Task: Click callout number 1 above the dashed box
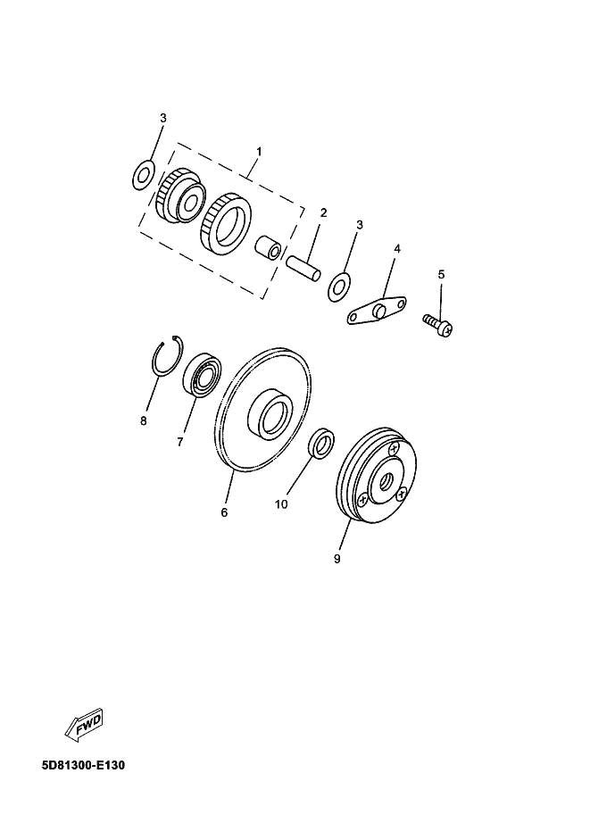coord(259,151)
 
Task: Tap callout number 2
coord(323,212)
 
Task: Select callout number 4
coord(397,249)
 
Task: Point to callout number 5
coord(441,274)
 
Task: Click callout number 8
coord(144,421)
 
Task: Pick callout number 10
coord(281,504)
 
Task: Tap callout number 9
coord(337,559)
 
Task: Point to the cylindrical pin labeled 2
coord(304,268)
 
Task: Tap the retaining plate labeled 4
coord(378,311)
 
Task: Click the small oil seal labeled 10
coord(321,444)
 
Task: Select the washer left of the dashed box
coord(143,175)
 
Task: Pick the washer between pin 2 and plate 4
coord(339,286)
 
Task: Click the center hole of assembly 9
coord(386,482)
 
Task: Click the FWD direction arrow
coord(84,725)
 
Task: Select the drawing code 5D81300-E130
coord(83,766)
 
